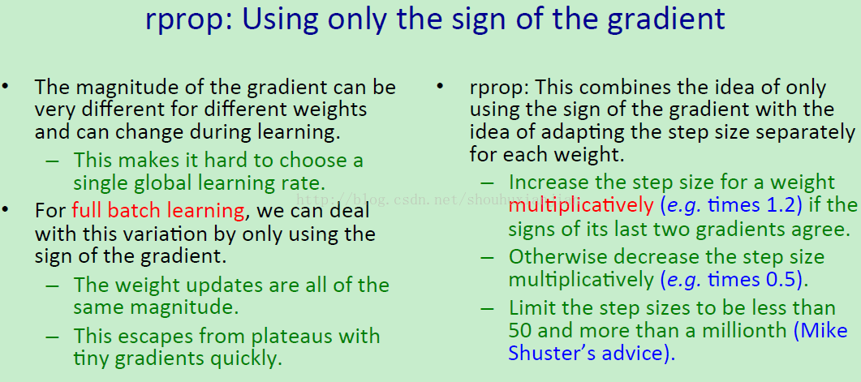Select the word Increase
546,182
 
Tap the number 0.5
781,279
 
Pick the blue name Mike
824,330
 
